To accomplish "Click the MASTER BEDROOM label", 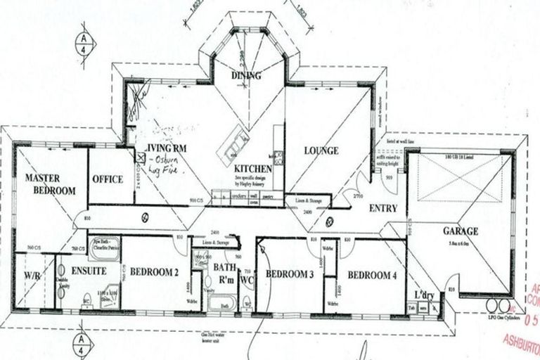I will tap(50, 184).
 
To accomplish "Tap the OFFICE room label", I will tap(107, 179).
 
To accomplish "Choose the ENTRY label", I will tap(382, 208).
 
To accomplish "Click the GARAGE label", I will tap(461, 231).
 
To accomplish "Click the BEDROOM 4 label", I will tap(371, 275).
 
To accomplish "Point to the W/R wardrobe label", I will tap(32, 276).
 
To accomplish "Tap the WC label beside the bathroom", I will tap(247, 279).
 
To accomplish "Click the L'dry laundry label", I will tap(424, 294).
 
